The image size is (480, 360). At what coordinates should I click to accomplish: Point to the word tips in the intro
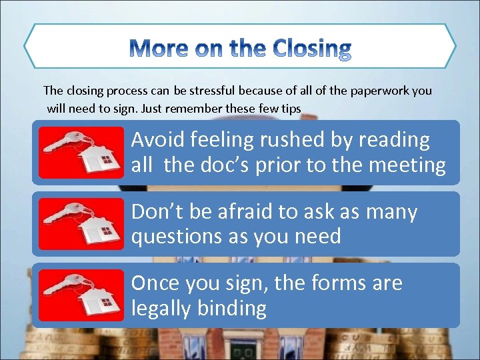291,107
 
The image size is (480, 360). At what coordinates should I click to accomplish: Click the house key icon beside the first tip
81,152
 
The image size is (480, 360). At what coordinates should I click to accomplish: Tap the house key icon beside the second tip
81,223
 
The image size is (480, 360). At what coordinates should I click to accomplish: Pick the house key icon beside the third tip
81,295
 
